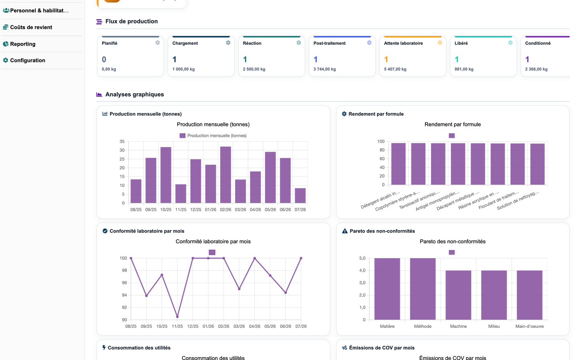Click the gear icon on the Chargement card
tap(228, 43)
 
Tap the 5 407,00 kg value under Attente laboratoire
tap(395, 69)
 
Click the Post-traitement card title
tap(329, 43)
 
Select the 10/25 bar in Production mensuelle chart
tap(166, 175)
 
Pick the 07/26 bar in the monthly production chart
tap(300, 196)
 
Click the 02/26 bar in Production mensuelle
tap(226, 175)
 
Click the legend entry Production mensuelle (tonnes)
tap(213, 136)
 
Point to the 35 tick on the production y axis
tap(122, 142)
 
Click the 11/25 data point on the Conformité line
tap(178, 317)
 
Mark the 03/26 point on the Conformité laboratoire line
tap(239, 289)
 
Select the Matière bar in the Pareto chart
tap(387, 289)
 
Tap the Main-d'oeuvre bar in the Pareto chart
tap(530, 295)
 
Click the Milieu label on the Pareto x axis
tap(494, 326)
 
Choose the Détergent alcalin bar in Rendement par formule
tap(398, 164)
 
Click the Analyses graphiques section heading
tap(135, 94)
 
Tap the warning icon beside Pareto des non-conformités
tap(345, 231)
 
